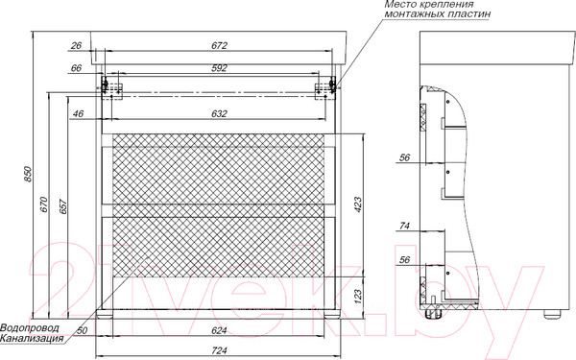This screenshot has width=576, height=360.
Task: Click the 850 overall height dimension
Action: point(28,174)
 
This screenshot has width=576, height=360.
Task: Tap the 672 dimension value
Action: point(219,45)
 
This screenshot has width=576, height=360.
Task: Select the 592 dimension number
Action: point(219,68)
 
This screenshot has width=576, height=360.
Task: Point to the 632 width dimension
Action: point(219,114)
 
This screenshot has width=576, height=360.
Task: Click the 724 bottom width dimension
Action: point(219,350)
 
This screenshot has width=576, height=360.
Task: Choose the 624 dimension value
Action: point(219,330)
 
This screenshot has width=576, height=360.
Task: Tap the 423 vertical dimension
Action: point(358,205)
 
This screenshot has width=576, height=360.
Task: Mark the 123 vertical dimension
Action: point(358,295)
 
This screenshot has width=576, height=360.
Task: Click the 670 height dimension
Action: point(44,204)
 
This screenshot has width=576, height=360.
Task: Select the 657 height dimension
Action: point(63,206)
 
